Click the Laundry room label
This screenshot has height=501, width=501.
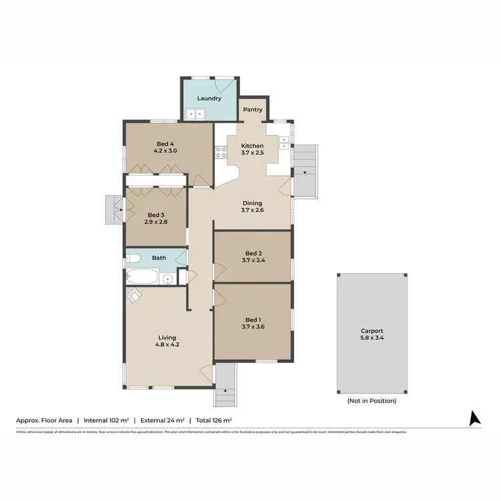209,98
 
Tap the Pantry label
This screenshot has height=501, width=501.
253,110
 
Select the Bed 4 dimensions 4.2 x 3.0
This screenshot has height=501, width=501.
166,151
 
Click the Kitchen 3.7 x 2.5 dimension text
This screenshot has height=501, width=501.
252,154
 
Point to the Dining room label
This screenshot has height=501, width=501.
252,203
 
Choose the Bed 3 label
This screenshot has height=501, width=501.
156,214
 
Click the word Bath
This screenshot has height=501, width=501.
159,257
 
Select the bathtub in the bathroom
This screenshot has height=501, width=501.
142,277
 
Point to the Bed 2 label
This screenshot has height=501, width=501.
252,253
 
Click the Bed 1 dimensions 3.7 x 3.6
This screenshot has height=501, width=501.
252,327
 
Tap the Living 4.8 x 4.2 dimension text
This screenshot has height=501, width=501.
167,345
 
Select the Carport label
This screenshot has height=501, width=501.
371,331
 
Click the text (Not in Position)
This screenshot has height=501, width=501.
371,401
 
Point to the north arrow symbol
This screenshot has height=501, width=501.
475,418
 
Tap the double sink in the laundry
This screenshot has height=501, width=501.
196,114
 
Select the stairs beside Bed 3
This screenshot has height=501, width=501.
112,210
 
